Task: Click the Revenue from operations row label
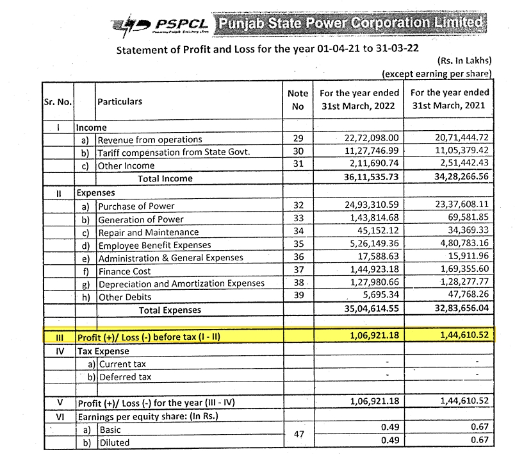149,139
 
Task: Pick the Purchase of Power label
136,206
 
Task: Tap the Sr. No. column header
58,101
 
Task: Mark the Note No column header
297,99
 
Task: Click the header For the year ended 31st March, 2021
450,99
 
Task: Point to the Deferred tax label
125,377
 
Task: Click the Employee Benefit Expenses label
154,245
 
